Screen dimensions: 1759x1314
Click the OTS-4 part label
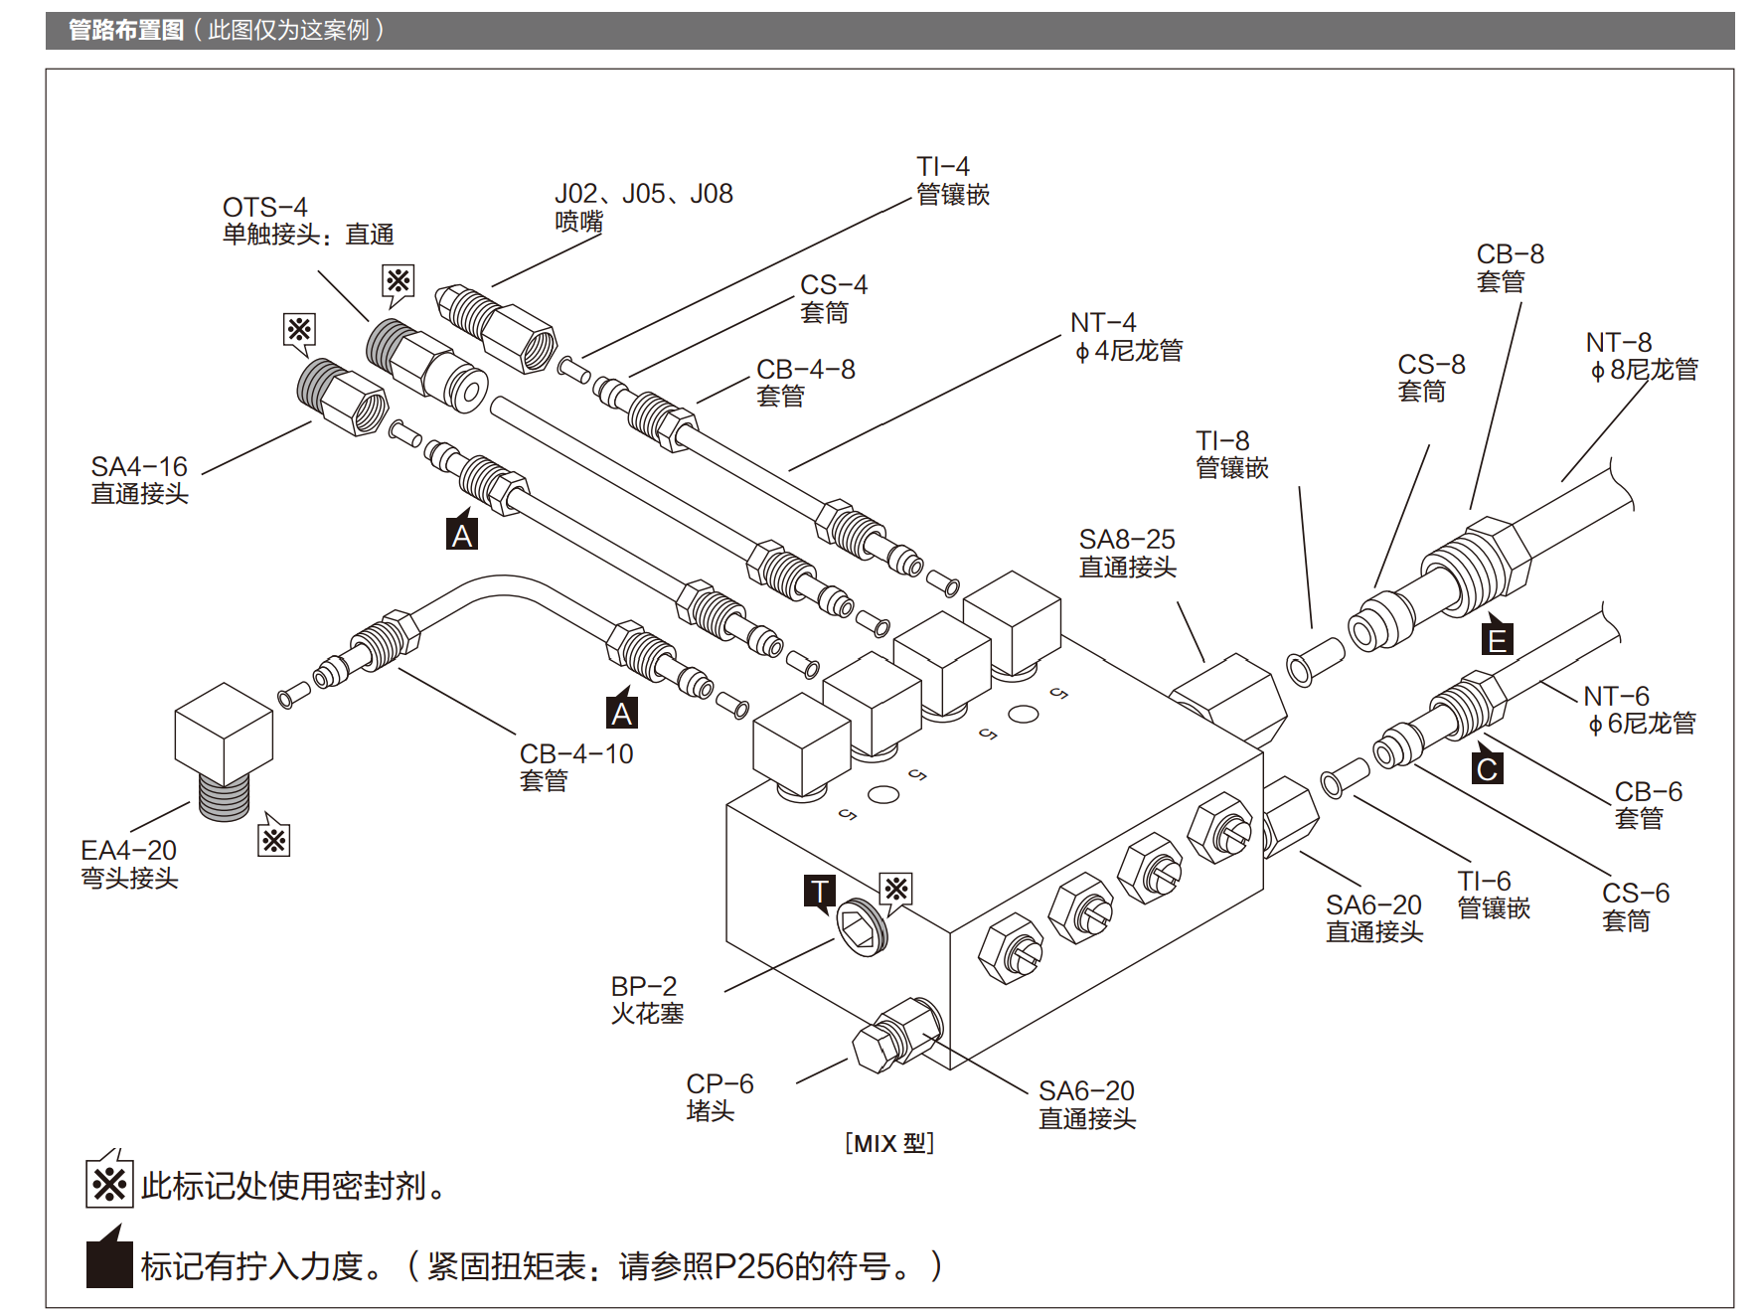308,221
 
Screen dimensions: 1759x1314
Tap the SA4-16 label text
139,480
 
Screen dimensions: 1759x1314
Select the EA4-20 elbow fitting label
129,864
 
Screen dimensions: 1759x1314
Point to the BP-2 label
647,1000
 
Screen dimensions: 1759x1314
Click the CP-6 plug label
720,1097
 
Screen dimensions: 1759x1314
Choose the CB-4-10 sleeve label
576,767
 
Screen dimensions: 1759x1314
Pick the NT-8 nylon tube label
1642,356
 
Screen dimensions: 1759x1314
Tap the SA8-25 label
1128,553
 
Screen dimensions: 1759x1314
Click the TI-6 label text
1494,895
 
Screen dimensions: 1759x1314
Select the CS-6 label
1636,906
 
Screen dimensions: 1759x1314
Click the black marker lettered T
820,892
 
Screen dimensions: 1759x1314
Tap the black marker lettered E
1497,637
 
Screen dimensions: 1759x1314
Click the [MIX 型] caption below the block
889,1143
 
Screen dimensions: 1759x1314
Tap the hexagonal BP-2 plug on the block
861,926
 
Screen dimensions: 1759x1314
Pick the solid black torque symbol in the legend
109,1258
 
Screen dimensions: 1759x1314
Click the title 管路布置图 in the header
126,30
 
